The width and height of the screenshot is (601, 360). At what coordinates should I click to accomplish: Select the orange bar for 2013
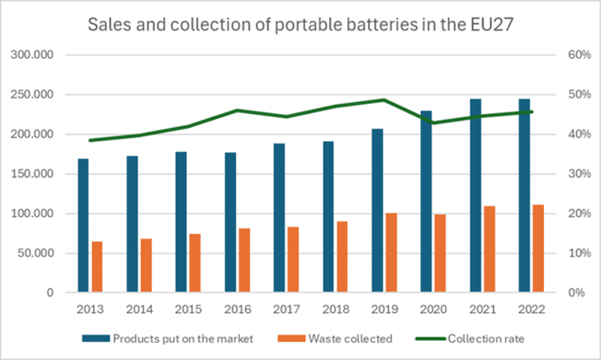[97, 267]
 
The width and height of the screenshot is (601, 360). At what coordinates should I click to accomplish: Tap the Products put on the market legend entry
[177, 339]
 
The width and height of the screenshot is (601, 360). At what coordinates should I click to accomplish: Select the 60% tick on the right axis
[578, 55]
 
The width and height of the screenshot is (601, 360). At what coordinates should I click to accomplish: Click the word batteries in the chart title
[374, 26]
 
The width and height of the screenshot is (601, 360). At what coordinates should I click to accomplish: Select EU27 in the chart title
[490, 26]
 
